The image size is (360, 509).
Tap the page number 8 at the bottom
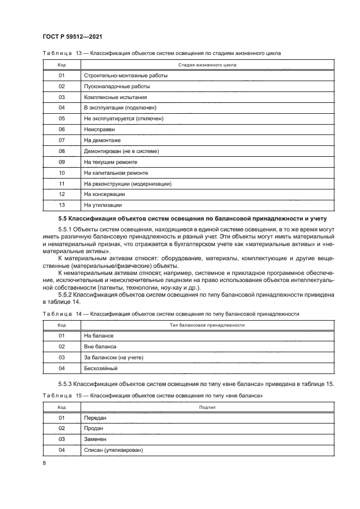pyautogui.click(x=44, y=462)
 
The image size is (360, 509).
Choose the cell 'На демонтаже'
pyautogui.click(x=102, y=140)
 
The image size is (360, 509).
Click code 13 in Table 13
pyautogui.click(x=62, y=205)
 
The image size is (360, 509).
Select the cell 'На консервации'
pyautogui.click(x=105, y=194)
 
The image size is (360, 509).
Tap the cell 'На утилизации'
pyautogui.click(x=103, y=205)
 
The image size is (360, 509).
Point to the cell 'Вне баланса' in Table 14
pyautogui.click(x=100, y=346)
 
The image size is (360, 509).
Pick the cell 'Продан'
pyautogui.click(x=94, y=428)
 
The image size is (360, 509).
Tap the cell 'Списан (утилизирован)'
pyautogui.click(x=113, y=450)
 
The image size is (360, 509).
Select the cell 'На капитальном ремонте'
pyautogui.click(x=116, y=173)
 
